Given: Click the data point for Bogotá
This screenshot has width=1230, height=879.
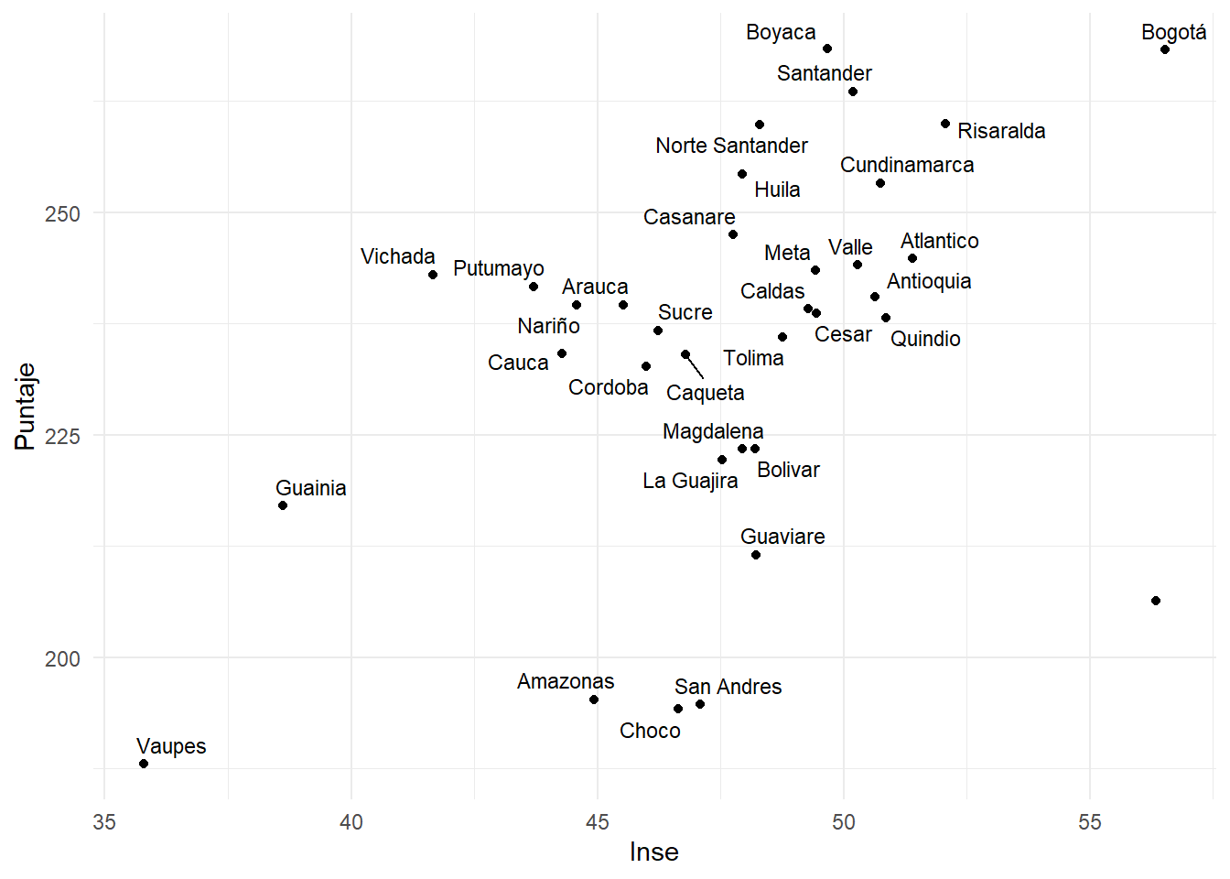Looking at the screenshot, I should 1165,49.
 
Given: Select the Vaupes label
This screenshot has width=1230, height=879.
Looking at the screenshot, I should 171,746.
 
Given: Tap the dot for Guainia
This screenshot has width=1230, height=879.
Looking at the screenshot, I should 283,505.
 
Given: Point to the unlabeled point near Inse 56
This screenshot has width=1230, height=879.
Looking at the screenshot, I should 1156,601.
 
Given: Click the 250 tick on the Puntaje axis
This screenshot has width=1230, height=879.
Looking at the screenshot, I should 62,214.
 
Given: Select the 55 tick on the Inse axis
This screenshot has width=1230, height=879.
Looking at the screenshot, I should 1090,822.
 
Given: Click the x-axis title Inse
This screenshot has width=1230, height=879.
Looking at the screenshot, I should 654,852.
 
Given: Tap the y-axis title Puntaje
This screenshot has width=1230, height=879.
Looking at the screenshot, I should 25,407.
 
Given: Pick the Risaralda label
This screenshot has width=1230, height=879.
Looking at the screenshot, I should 1001,131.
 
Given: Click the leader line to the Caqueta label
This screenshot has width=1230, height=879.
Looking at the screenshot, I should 696,367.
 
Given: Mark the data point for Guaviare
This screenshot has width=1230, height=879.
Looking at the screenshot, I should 756,555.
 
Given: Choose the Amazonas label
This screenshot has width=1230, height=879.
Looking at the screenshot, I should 566,681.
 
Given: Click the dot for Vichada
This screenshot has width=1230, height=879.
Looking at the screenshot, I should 433,275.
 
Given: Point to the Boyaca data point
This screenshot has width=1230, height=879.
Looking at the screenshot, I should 827,49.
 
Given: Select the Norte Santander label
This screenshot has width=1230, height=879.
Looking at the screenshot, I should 731,146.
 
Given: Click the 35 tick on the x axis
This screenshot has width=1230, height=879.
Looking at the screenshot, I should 104,822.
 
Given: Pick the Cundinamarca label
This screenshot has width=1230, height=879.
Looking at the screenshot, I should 907,165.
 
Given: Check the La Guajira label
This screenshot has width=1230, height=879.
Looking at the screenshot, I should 690,481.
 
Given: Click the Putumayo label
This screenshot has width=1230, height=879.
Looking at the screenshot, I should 499,268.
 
